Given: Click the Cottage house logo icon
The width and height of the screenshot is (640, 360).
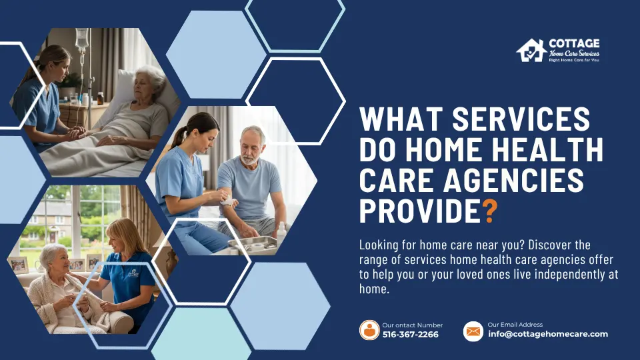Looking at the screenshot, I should click(x=531, y=51).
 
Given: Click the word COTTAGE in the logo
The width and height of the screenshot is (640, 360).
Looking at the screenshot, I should click(x=573, y=43).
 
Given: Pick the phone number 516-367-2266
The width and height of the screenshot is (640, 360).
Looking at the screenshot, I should click(x=411, y=334).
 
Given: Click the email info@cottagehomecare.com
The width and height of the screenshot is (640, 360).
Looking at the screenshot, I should click(x=548, y=334).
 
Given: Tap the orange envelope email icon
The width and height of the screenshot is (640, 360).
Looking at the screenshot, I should click(x=473, y=331).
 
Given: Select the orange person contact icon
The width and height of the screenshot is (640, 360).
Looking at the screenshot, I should click(x=369, y=330).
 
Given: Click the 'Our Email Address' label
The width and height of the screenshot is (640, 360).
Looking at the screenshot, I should click(x=515, y=325).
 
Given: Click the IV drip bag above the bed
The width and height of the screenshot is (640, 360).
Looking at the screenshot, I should click(x=82, y=40).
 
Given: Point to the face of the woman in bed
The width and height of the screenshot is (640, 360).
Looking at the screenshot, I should click(x=149, y=84).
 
